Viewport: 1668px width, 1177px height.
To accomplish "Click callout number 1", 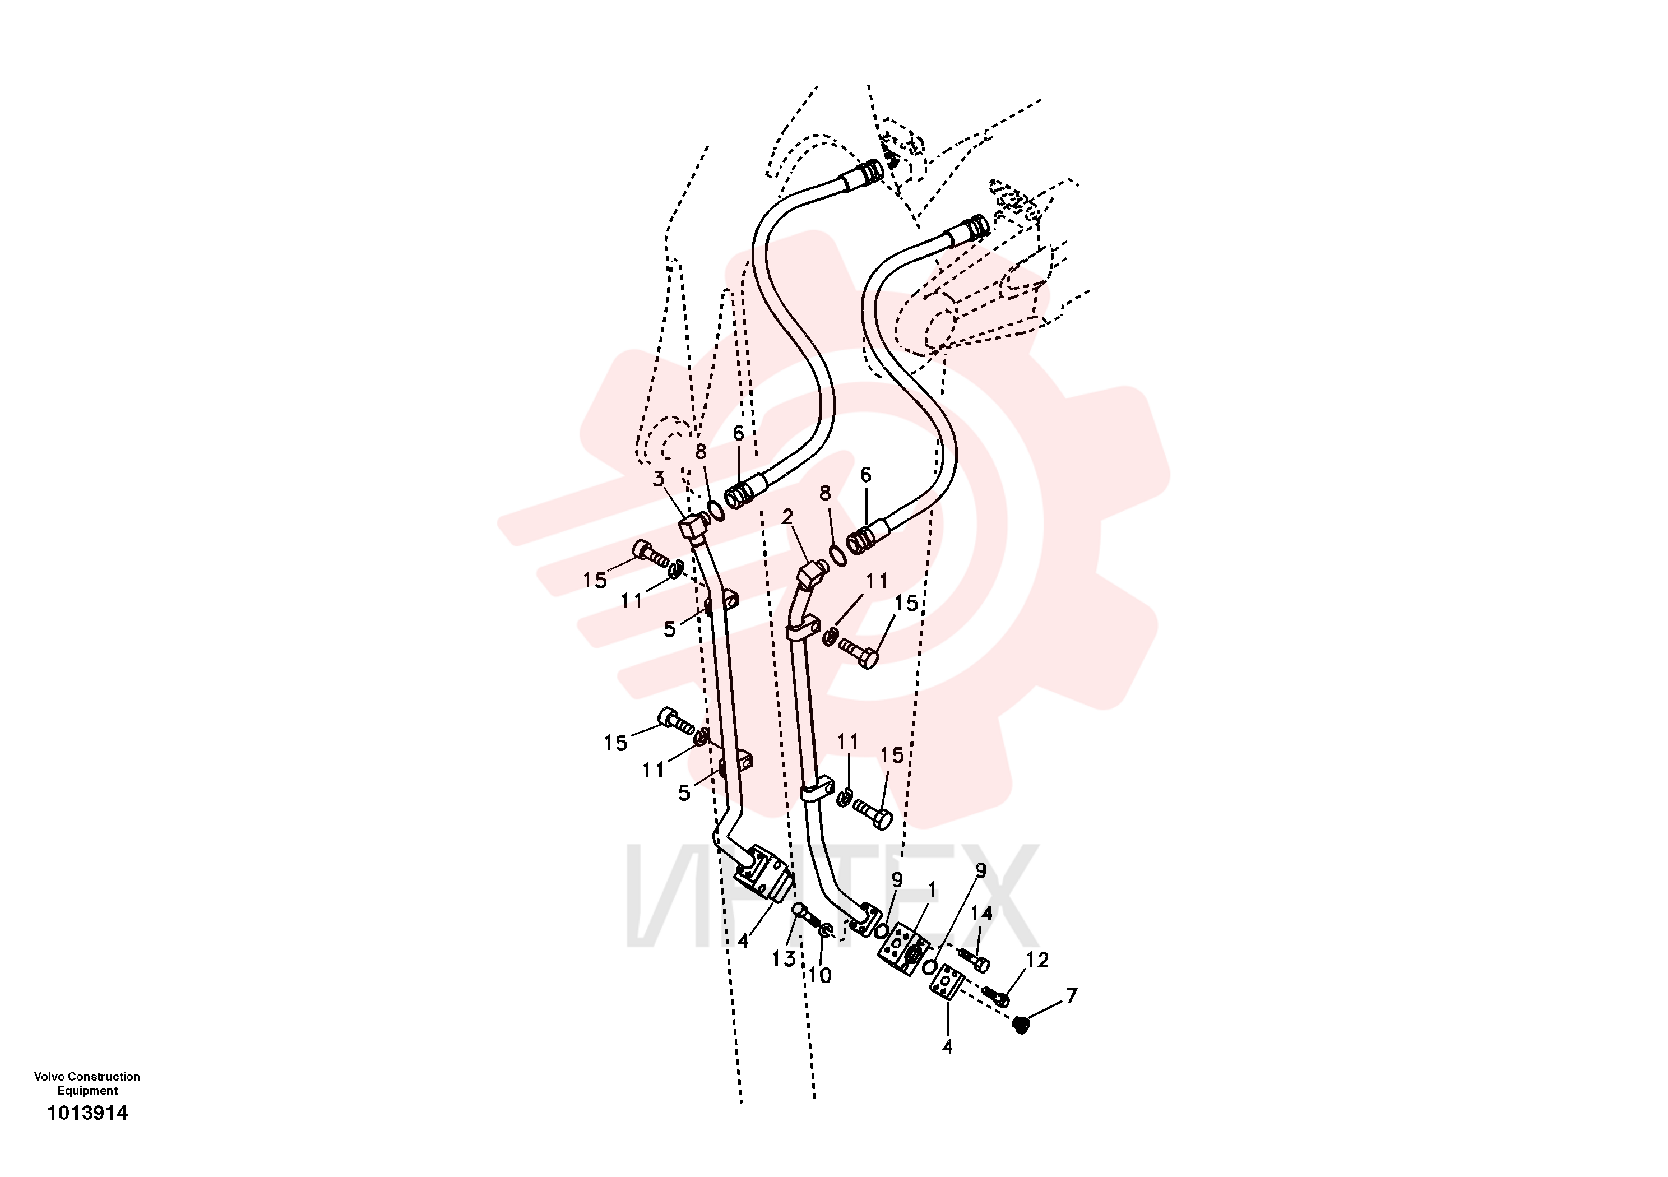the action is [932, 890].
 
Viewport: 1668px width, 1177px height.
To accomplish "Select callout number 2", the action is [787, 517].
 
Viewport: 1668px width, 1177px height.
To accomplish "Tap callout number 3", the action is [658, 479].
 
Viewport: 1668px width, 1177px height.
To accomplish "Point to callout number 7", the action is [1072, 995].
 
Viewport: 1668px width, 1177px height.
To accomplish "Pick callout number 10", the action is [820, 976].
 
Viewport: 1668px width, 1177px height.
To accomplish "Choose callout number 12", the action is [1037, 960].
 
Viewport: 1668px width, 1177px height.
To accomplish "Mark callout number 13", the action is [783, 959].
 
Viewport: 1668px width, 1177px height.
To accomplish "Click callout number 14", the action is [981, 913].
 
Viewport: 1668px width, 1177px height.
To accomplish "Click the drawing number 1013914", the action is [87, 1113].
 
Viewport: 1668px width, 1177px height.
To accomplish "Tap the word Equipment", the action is [87, 1091].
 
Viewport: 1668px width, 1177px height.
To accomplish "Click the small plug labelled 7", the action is [1021, 1026].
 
